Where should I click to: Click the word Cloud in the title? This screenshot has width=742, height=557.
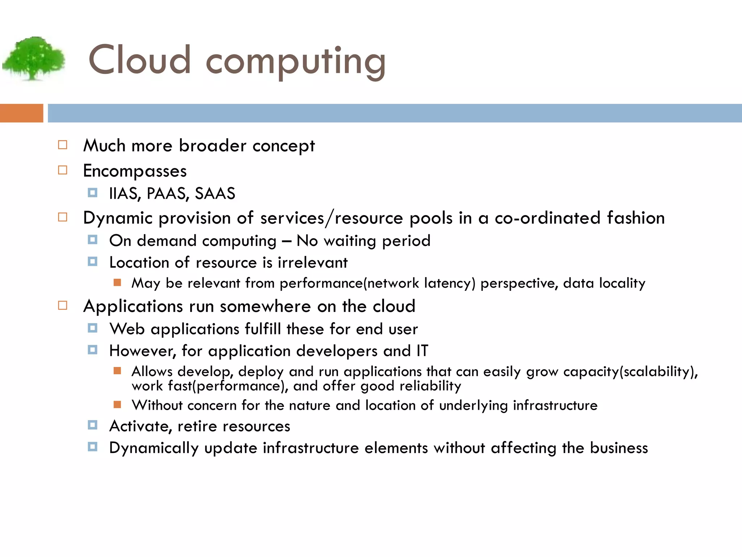(x=139, y=60)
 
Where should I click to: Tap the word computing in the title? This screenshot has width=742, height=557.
(x=295, y=62)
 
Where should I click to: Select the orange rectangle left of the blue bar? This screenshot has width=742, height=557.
(x=21, y=113)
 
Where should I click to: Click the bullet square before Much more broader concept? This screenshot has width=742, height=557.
(x=63, y=145)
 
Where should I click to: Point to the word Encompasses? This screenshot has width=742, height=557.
(x=135, y=171)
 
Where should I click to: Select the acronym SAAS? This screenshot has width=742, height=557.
(x=215, y=194)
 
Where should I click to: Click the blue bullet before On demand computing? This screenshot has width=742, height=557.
(x=92, y=240)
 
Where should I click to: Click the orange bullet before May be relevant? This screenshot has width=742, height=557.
(x=117, y=282)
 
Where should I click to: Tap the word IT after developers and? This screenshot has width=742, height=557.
(x=422, y=351)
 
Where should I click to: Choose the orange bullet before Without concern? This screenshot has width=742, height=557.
(x=117, y=405)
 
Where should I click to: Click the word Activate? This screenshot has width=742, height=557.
(x=141, y=426)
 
